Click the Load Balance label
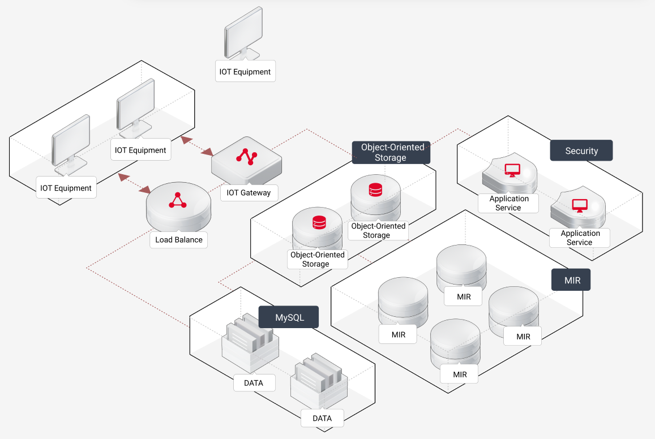pyautogui.click(x=179, y=240)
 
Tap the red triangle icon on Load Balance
pyautogui.click(x=178, y=201)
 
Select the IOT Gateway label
pyautogui.click(x=249, y=193)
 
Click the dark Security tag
pyautogui.click(x=581, y=151)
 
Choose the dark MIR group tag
pyautogui.click(x=571, y=280)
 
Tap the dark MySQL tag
pyautogui.click(x=289, y=317)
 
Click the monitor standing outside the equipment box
pyautogui.click(x=242, y=35)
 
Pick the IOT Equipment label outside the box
pyautogui.click(x=245, y=72)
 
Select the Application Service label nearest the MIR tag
pyautogui.click(x=580, y=238)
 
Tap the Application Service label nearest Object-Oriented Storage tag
pyautogui.click(x=508, y=203)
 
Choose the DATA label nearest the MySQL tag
pyautogui.click(x=254, y=383)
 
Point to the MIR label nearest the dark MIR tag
pyautogui.click(x=524, y=337)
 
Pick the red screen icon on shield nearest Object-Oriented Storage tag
pyautogui.click(x=512, y=169)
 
